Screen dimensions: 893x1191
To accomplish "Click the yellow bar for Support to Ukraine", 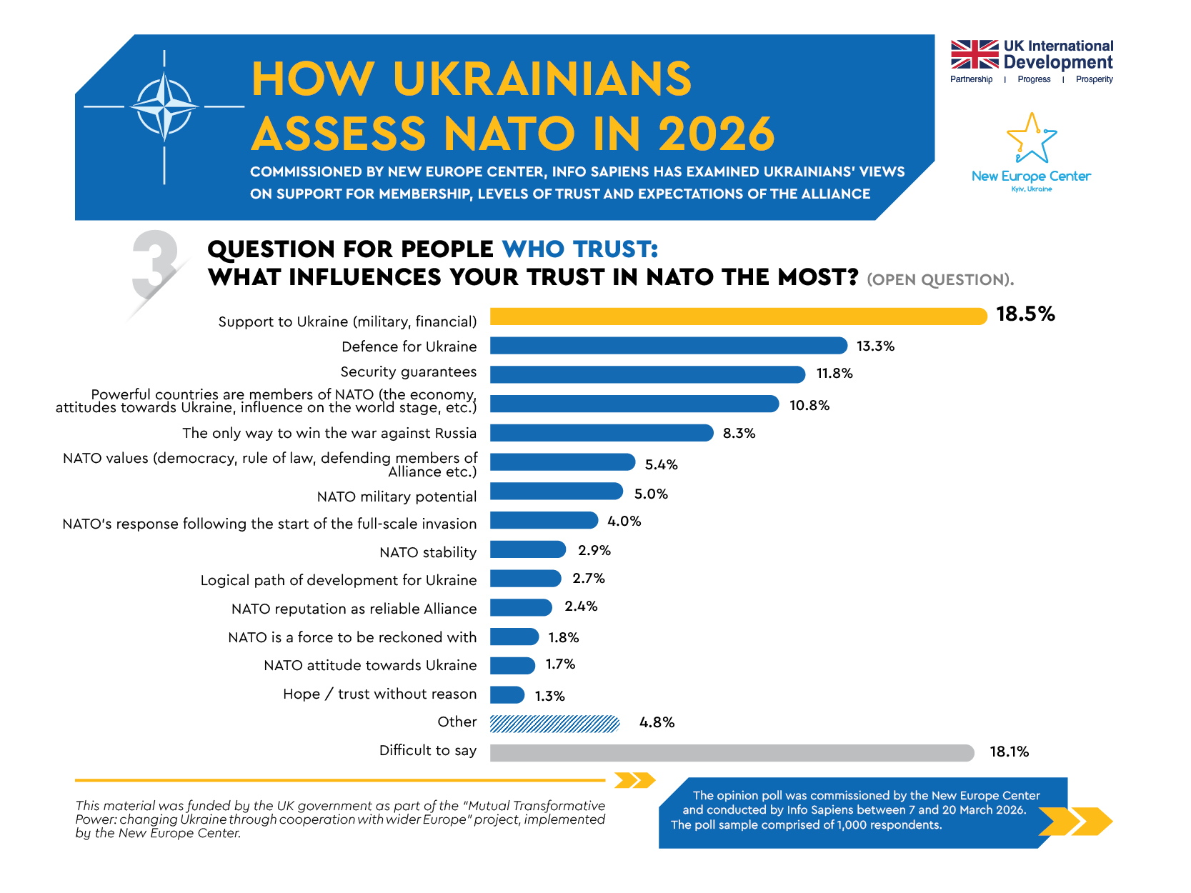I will tap(738, 316).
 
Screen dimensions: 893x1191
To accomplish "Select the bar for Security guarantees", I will tap(647, 374).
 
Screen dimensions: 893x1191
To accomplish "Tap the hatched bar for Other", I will tap(554, 724).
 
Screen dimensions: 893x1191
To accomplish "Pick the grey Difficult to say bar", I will tap(732, 753).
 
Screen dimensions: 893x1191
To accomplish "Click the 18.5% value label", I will tap(1025, 314).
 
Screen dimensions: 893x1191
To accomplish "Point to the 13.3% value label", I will tap(875, 346).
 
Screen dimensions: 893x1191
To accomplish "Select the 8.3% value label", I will tap(739, 434).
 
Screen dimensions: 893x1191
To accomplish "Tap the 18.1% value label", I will tap(1009, 752).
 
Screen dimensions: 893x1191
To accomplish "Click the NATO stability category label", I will tap(428, 552).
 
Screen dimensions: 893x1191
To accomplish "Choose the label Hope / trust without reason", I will tap(379, 694).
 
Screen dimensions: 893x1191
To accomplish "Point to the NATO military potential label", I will tap(397, 497).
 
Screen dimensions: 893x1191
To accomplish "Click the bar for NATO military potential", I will tap(557, 492).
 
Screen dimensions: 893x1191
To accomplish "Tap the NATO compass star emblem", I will tap(164, 107).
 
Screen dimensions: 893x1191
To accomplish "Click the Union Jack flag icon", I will tap(975, 54).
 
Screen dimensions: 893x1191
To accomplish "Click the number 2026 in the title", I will tap(716, 134).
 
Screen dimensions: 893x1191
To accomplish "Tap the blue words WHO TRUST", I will tap(579, 249).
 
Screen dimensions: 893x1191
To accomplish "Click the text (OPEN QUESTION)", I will tap(940, 280).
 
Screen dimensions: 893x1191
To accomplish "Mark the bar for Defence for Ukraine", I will tap(669, 346).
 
